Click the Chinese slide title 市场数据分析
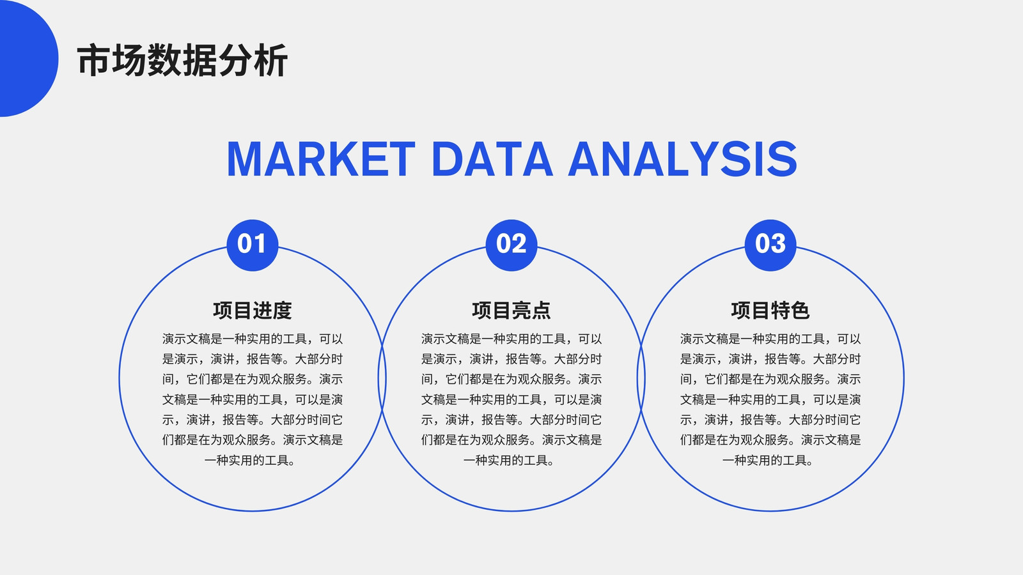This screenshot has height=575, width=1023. point(182,60)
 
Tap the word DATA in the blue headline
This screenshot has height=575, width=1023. point(492,159)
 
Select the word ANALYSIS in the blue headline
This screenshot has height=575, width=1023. point(683,159)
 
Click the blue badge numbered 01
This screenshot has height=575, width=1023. point(252,245)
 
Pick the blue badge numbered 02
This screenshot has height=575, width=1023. point(511,245)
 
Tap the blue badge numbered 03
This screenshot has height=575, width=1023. point(770,245)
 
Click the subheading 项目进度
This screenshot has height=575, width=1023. point(252,310)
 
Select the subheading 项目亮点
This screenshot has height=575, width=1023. point(511,310)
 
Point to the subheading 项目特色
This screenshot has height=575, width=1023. point(770,310)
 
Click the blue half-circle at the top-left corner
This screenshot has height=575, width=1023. point(27,58)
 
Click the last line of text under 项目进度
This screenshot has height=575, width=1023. point(250,461)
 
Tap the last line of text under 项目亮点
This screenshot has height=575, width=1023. point(509,461)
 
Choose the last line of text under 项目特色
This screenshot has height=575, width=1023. point(768,461)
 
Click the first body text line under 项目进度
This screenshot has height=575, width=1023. point(252,339)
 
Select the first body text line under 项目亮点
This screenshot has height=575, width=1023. point(511,339)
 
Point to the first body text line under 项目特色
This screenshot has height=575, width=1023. point(770,339)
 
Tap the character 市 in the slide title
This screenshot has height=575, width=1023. point(93,60)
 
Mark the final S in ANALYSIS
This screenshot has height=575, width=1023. point(782,159)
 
